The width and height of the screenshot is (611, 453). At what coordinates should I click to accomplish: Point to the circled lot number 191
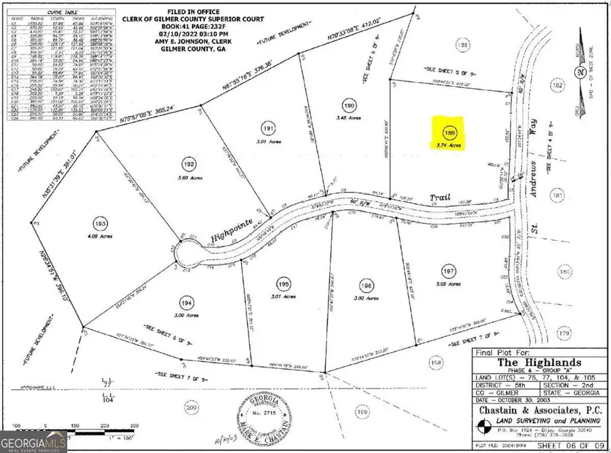point(267,127)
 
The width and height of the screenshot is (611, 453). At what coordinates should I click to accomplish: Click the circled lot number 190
point(348,105)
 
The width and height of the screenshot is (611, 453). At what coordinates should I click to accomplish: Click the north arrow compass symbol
point(579,71)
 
